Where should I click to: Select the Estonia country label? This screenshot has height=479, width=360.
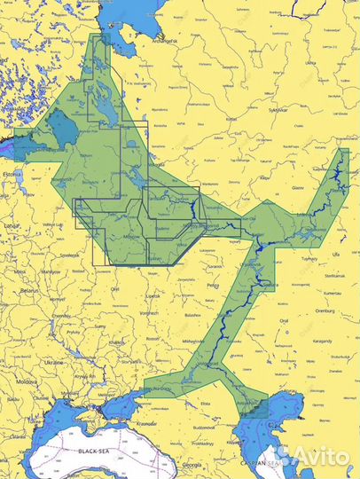coord(12,175)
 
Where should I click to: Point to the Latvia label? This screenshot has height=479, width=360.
coord(12,226)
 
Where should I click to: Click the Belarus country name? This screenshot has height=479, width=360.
coord(32,290)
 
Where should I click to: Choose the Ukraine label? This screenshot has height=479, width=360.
coord(54,362)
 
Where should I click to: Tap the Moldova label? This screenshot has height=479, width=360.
coord(25,381)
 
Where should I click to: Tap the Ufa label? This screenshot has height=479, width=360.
coord(335,255)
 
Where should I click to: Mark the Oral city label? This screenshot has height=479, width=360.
coord(284,321)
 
